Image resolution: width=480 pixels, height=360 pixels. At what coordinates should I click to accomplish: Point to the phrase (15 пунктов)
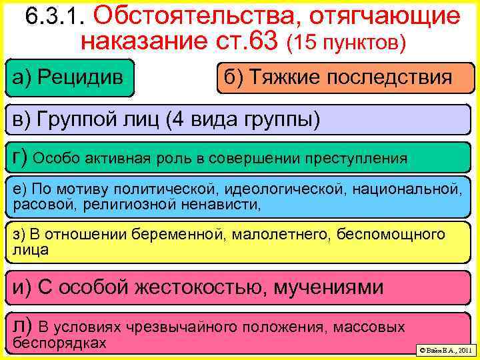[x=345, y=43]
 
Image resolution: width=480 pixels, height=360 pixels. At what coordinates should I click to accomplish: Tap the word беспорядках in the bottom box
[x=59, y=343]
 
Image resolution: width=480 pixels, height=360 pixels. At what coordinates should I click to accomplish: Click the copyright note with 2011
[x=443, y=349]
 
